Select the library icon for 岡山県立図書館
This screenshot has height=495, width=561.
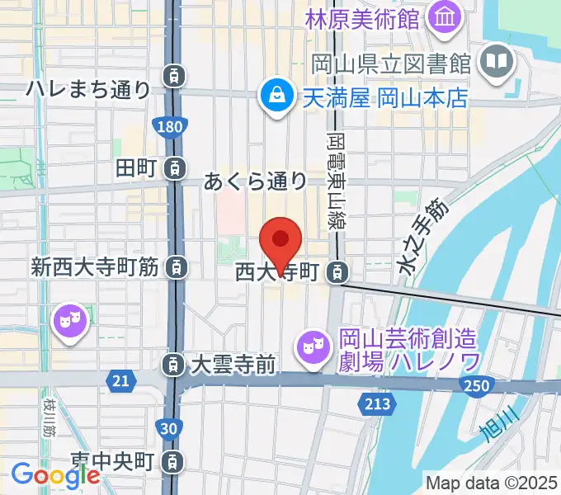pyautogui.click(x=497, y=62)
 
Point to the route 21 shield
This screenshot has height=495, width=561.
pyautogui.click(x=120, y=379)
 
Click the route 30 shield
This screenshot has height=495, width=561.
pyautogui.click(x=169, y=427)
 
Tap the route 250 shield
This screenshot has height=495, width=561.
pyautogui.click(x=476, y=385)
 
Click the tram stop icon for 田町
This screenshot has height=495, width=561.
pyautogui.click(x=174, y=168)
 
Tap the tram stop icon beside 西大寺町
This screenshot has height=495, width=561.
pyautogui.click(x=337, y=271)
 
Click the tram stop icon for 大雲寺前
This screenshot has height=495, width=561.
pyautogui.click(x=172, y=363)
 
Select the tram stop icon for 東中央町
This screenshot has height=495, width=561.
pyautogui.click(x=172, y=460)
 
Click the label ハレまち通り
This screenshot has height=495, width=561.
pyautogui.click(x=89, y=88)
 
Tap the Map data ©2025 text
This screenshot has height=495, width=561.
pyautogui.click(x=490, y=483)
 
